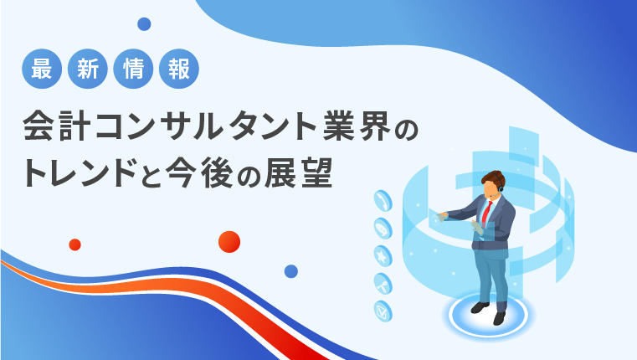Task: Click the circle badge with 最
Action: click(42, 69)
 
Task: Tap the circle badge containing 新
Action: click(88, 69)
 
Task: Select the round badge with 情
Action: click(133, 69)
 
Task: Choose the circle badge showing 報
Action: click(179, 69)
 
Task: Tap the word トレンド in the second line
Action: click(79, 172)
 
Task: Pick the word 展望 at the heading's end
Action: click(299, 172)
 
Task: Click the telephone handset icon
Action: click(383, 201)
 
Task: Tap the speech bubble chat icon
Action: click(383, 229)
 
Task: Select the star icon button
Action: click(383, 256)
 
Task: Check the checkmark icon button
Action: click(383, 311)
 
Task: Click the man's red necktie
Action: click(486, 213)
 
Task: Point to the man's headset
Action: click(500, 187)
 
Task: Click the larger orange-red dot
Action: click(229, 242)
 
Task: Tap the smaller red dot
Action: click(74, 244)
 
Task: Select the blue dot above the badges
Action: click(144, 24)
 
